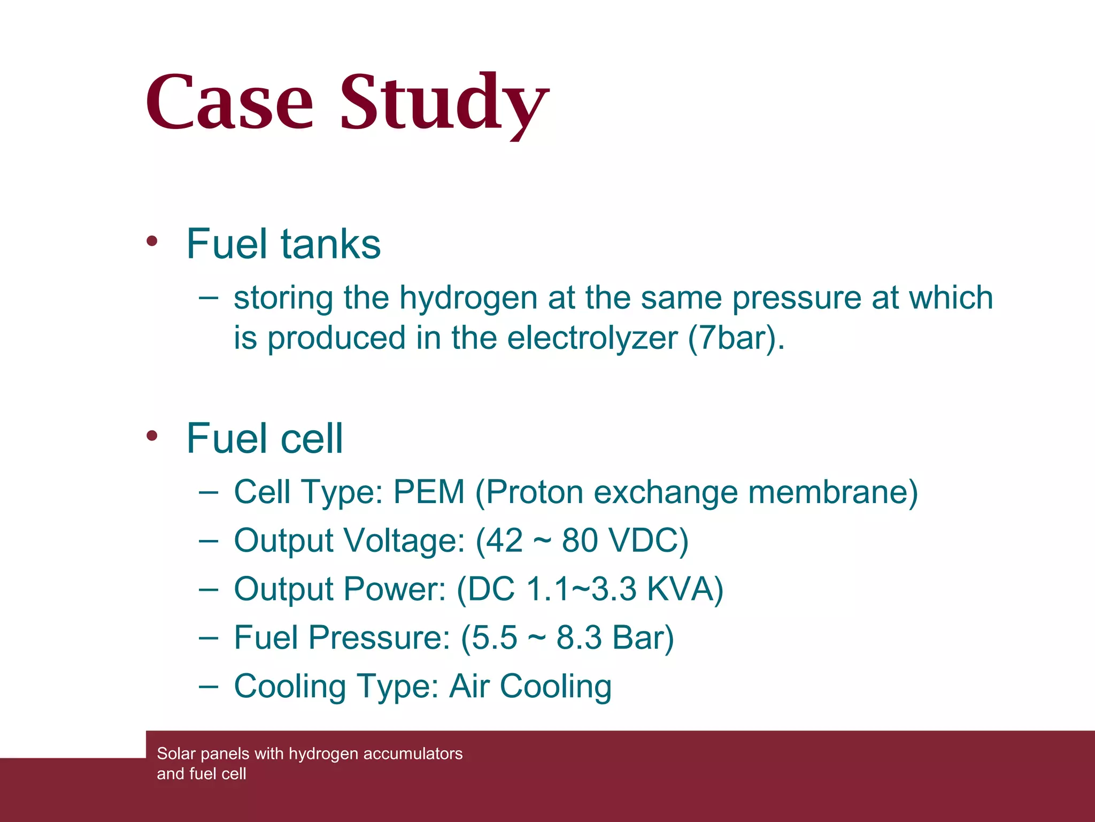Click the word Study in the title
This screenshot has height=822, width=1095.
444,104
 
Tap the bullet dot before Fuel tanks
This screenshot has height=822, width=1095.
152,241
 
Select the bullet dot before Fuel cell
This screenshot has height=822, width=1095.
152,436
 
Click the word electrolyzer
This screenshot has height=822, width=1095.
592,338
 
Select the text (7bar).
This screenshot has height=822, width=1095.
736,338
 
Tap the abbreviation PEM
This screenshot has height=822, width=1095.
429,492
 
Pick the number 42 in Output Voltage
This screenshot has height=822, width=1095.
504,541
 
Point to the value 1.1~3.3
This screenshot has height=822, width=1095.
581,589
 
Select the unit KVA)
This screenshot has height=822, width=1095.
685,589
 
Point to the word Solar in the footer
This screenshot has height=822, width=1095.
176,753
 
